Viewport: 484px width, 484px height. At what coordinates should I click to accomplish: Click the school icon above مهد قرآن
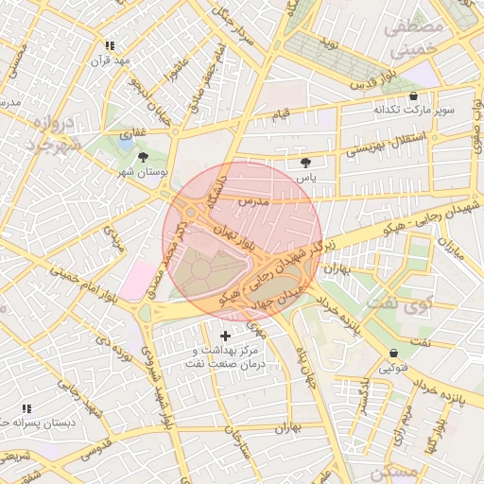(111, 45)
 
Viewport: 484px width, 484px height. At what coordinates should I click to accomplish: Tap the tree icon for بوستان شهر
(143, 158)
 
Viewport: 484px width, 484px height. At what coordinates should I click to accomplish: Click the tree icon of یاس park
(304, 163)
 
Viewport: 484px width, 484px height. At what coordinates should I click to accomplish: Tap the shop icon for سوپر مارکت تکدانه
(413, 96)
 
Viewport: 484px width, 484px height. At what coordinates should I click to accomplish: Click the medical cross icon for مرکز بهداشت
(225, 336)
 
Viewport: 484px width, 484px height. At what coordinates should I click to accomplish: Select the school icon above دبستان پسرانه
(26, 407)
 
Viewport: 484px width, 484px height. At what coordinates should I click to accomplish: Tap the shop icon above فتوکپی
(393, 353)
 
